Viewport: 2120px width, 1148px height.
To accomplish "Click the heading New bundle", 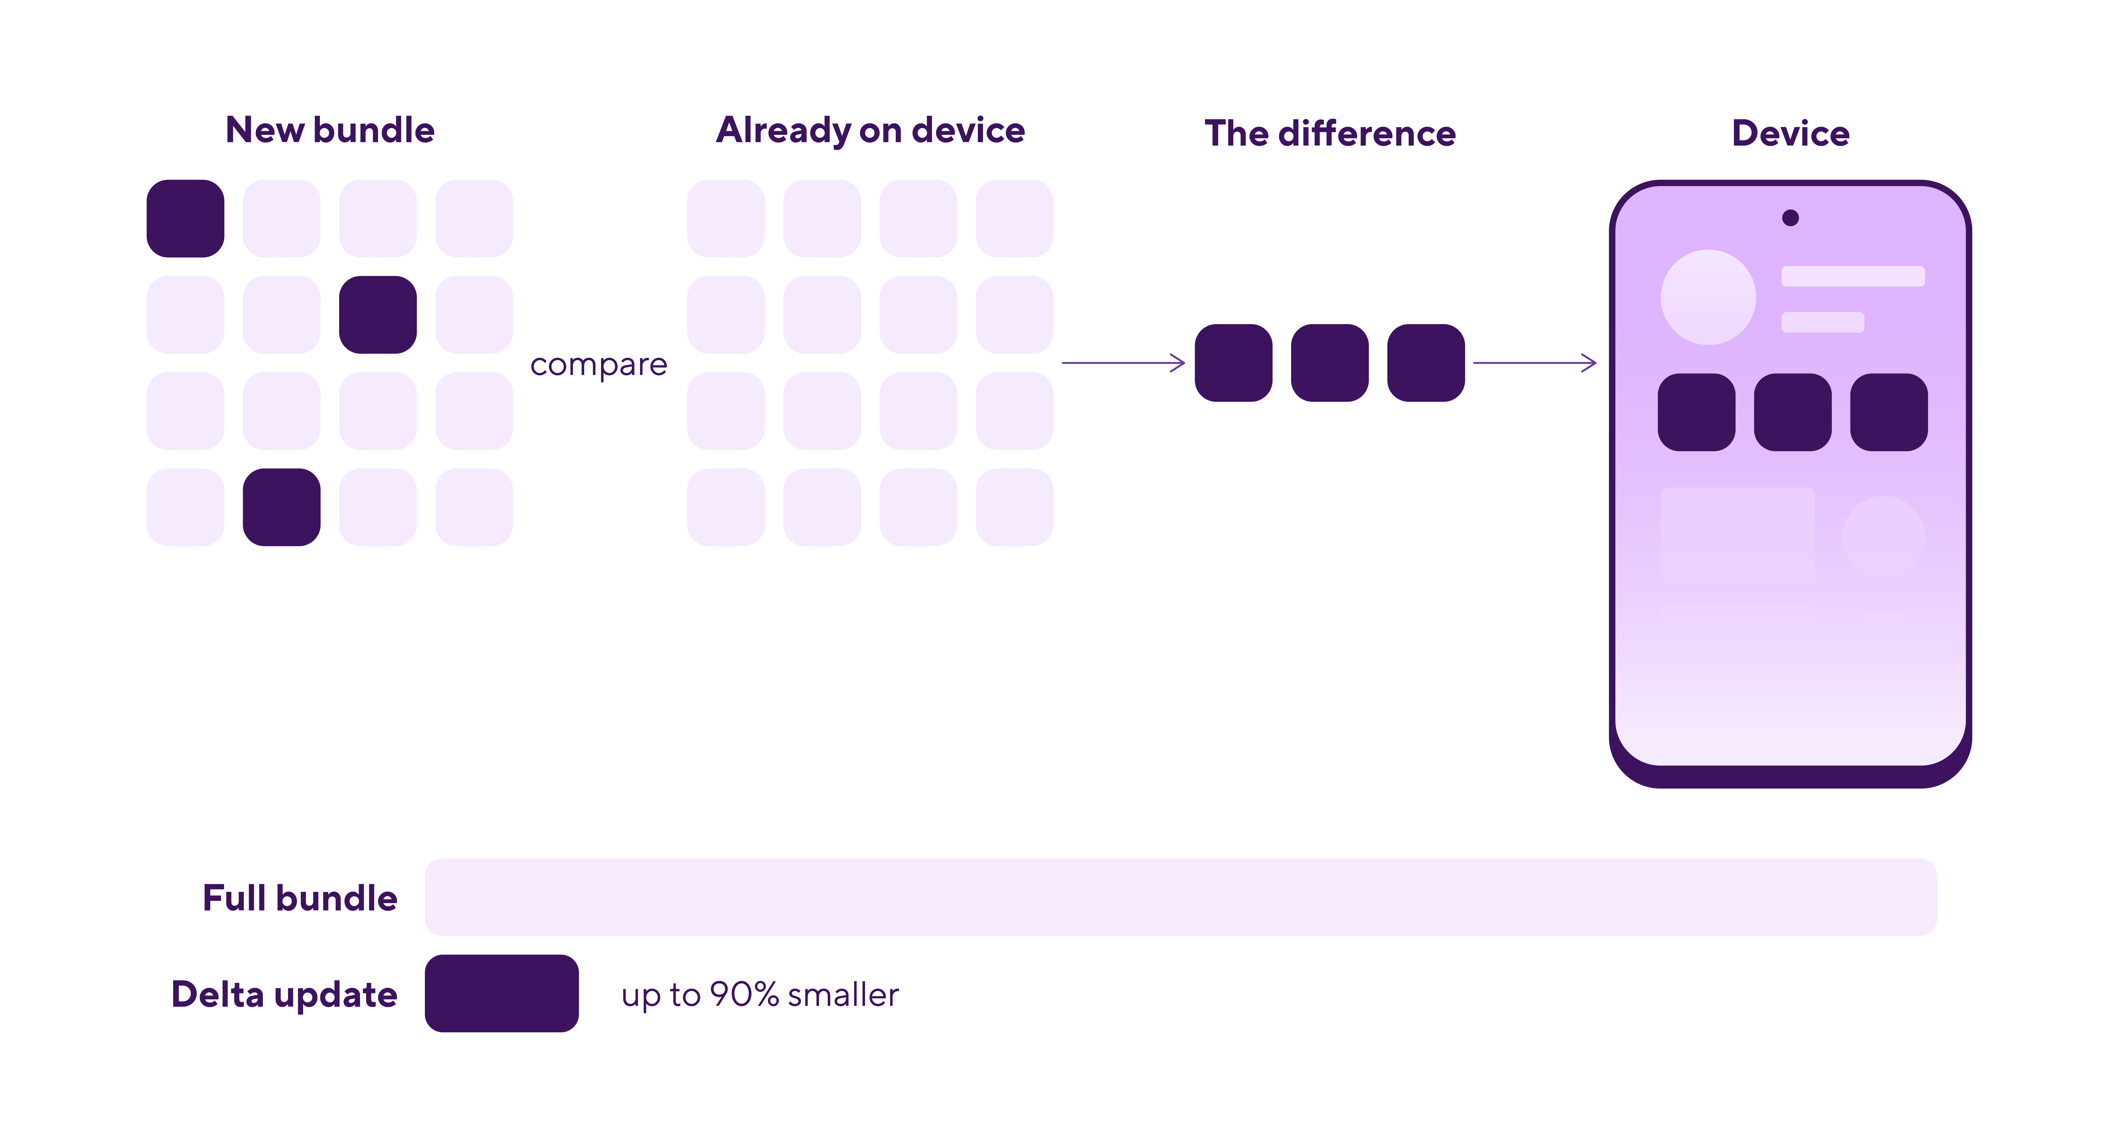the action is tap(330, 130).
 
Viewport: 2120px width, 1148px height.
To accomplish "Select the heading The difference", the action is tap(1330, 133).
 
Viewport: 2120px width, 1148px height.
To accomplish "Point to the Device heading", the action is tap(1791, 133).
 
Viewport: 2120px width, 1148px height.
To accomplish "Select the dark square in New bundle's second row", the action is tap(378, 314).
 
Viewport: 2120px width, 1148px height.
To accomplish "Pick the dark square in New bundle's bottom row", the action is tap(282, 507).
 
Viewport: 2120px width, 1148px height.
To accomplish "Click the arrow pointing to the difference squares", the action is tap(1123, 363).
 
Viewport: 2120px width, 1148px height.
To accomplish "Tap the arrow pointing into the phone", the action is tap(1535, 363).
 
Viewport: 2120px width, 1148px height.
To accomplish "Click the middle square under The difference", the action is tap(1330, 363).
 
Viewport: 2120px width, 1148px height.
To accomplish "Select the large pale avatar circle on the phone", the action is tap(1709, 297).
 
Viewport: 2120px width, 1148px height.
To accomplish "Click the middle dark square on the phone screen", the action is tap(1793, 412).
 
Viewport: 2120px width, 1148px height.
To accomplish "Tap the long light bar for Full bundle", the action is tap(1181, 897).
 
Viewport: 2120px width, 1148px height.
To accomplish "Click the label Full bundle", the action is tap(300, 898).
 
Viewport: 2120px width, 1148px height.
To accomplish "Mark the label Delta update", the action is tap(284, 995).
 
